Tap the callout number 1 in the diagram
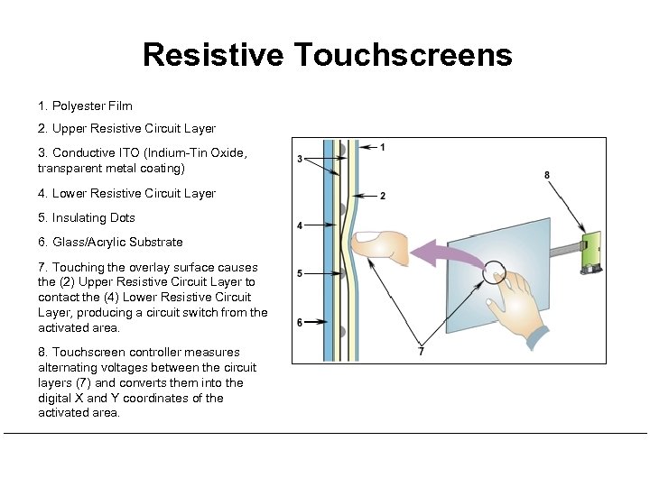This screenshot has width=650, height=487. tap(383, 147)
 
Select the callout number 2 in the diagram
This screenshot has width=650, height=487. tap(383, 196)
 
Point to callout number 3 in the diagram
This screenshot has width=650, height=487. tap(300, 160)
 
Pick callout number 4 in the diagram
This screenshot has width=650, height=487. tap(300, 225)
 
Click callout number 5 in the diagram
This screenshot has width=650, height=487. tap(300, 273)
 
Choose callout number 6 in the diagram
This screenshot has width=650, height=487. tap(300, 322)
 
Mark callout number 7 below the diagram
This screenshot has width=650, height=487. tap(421, 351)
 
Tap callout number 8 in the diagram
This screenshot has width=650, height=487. tap(547, 175)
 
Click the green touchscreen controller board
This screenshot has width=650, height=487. tap(592, 252)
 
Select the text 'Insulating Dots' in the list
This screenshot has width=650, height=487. tap(93, 217)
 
